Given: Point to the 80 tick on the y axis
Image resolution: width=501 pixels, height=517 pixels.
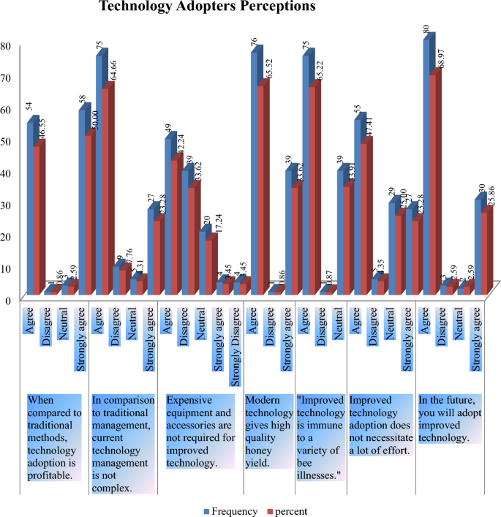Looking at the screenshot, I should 6,45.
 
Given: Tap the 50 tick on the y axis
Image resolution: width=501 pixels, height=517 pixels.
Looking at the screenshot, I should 6,141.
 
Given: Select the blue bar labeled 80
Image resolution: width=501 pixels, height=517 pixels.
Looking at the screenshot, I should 428,168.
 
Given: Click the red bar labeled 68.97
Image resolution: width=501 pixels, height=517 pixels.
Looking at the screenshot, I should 436,183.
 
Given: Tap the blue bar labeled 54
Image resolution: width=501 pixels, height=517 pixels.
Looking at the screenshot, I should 32,208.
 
